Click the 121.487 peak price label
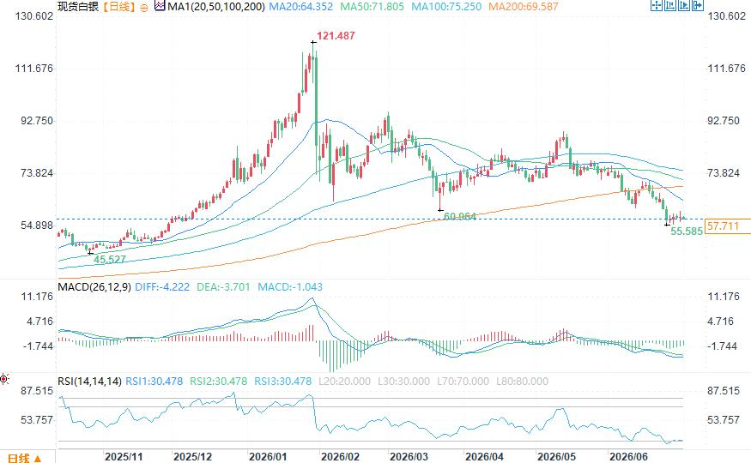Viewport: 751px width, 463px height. tap(336, 36)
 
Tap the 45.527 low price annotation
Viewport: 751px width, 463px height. tap(110, 260)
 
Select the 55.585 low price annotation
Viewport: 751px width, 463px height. tap(687, 231)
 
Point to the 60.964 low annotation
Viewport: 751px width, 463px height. tap(460, 216)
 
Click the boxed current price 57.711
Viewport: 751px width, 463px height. tap(723, 225)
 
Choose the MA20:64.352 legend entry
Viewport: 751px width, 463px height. tap(300, 7)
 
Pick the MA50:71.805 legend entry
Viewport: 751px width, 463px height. tap(372, 7)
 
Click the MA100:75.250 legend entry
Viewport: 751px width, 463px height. tap(446, 7)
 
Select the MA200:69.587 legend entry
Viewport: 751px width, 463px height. tap(524, 7)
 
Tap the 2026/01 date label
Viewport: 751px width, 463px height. tap(268, 457)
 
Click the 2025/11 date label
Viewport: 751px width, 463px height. tap(124, 457)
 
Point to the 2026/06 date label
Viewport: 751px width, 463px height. tap(628, 457)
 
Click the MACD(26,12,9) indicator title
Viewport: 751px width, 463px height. tap(94, 287)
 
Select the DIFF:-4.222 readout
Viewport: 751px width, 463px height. tap(162, 287)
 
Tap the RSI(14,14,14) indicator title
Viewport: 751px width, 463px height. tap(89, 382)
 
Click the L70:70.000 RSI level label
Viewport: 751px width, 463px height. tap(463, 382)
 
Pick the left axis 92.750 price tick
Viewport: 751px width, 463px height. tap(37, 121)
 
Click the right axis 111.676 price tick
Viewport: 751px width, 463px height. tap(727, 69)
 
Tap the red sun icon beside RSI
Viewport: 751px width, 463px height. tap(4, 379)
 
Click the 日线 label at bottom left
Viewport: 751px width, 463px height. tap(19, 458)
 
